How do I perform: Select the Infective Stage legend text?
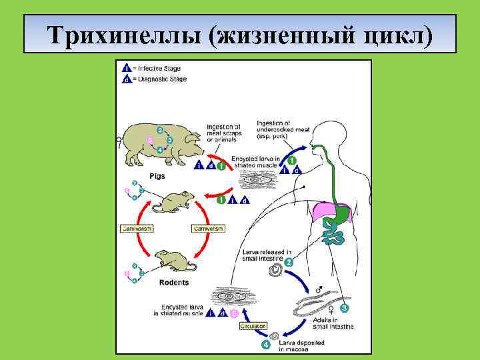159,67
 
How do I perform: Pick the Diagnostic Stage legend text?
161,79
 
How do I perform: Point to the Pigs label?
158,176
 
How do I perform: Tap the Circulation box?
253,325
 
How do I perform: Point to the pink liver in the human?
321,211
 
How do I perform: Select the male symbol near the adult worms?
319,290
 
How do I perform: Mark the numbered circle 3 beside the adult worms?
344,309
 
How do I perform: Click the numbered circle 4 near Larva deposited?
266,344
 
